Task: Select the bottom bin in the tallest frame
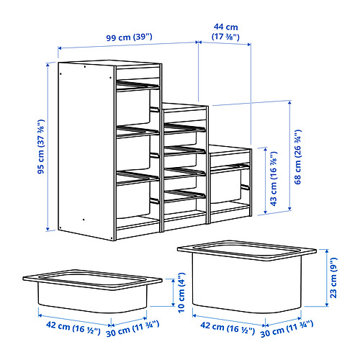click(x=136, y=198)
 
